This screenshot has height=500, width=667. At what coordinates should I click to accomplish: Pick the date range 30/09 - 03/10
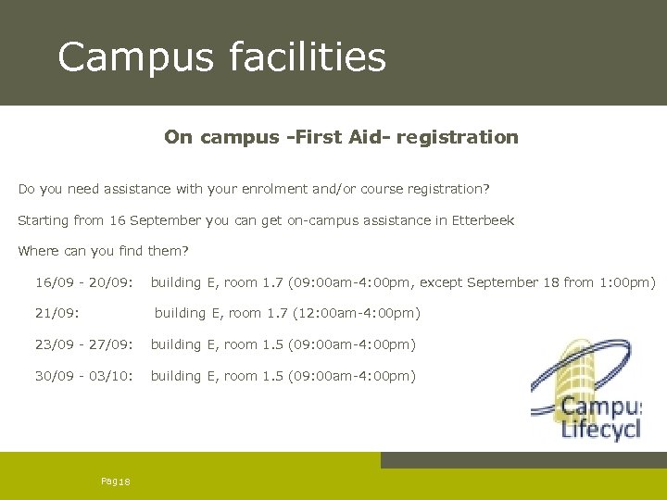[84, 376]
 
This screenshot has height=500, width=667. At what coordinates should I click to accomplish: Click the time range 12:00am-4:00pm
[357, 313]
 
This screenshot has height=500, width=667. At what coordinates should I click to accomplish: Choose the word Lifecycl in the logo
[602, 430]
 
